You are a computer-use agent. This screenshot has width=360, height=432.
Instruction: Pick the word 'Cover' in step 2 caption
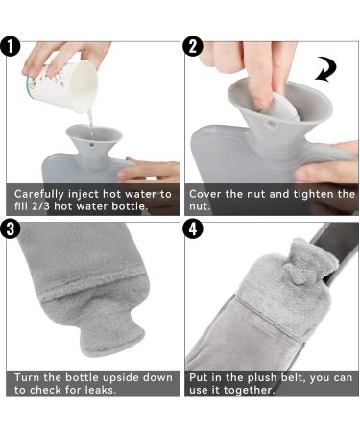tap(207, 194)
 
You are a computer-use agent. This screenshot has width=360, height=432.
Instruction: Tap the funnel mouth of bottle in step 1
tap(97, 133)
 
